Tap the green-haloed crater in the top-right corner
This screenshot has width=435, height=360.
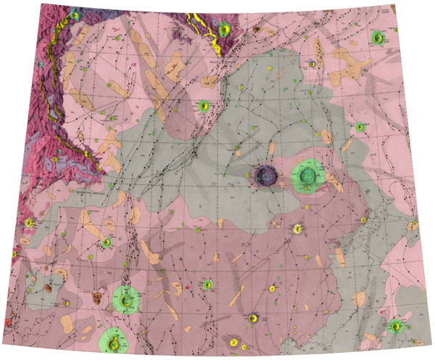(377, 37)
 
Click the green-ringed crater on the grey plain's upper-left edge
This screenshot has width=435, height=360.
(204, 106)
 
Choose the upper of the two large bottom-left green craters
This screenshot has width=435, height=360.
(127, 298)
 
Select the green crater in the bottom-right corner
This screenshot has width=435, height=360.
(396, 326)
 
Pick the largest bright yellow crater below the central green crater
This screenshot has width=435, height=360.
(298, 229)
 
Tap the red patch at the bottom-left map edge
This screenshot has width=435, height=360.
(7, 320)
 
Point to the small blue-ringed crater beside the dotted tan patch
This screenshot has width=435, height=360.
(312, 64)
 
